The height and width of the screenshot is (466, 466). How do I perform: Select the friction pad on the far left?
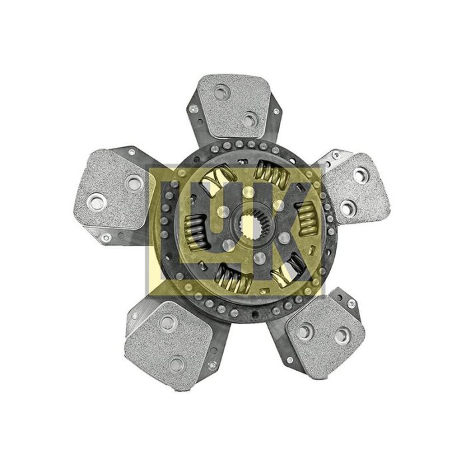[114, 189]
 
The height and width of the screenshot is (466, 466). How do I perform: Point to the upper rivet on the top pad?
[222, 93]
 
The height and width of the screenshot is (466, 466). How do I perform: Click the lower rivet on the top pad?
[249, 119]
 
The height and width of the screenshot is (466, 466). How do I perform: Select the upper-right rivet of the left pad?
[134, 182]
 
